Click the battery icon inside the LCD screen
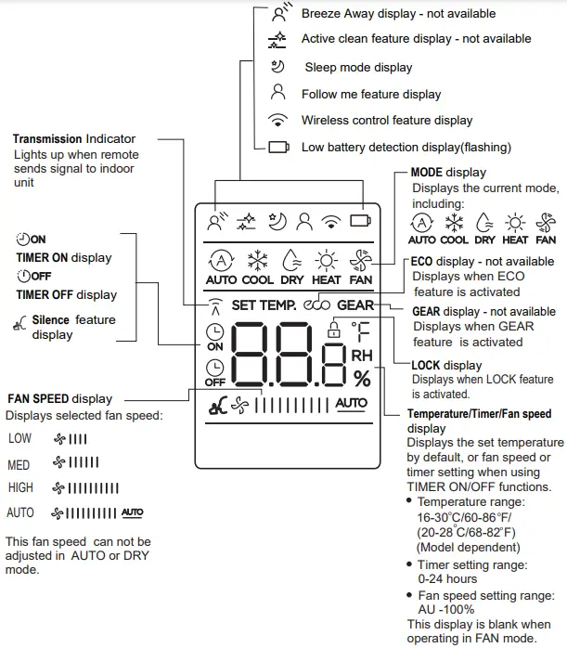click(x=360, y=221)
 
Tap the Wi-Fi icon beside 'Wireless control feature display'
click(x=277, y=120)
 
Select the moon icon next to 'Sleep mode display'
click(x=277, y=67)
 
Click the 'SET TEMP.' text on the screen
click(x=264, y=305)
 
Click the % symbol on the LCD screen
click(x=361, y=378)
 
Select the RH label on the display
click(x=361, y=355)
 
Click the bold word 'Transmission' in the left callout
click(x=47, y=138)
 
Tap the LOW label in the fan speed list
click(x=19, y=437)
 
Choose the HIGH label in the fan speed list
click(x=20, y=487)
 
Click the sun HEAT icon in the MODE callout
click(x=513, y=223)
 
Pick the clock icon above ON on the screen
click(x=215, y=332)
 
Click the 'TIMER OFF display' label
click(x=66, y=295)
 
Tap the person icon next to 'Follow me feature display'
click(x=277, y=93)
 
